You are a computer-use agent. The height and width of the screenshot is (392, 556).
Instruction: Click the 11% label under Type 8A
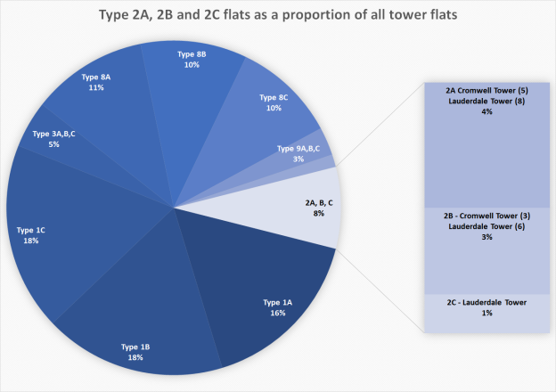96,87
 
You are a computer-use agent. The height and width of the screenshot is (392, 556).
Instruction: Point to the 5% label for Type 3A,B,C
53,143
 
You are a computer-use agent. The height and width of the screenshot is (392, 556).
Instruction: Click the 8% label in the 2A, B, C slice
318,214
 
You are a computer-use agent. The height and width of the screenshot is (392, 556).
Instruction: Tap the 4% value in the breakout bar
486,111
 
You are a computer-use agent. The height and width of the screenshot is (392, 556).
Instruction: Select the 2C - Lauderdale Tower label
487,303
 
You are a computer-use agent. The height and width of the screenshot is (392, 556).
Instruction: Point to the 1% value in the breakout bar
486,314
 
